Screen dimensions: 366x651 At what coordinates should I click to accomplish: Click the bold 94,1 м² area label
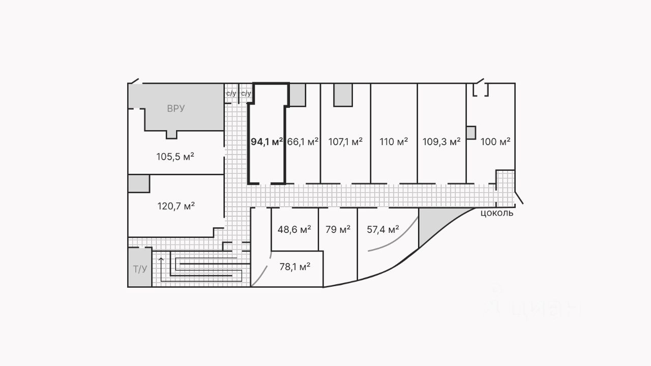pyautogui.click(x=267, y=142)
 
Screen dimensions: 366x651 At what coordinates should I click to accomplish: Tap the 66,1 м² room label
pyautogui.click(x=303, y=142)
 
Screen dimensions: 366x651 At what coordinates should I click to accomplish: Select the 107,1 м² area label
pyautogui.click(x=346, y=142)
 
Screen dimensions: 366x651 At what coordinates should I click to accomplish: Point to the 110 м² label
pyautogui.click(x=394, y=142)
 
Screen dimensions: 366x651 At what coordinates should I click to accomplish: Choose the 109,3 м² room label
pyautogui.click(x=441, y=142)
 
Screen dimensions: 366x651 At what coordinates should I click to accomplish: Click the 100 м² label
pyautogui.click(x=495, y=142)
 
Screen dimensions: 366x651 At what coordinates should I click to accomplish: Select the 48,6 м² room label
pyautogui.click(x=294, y=230)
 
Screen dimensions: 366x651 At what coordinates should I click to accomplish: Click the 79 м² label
pyautogui.click(x=338, y=230)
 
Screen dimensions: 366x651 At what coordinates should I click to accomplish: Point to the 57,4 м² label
pyautogui.click(x=383, y=230)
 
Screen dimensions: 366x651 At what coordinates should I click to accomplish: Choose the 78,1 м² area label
pyautogui.click(x=295, y=266)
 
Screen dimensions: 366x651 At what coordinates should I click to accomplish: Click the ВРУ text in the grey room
pyautogui.click(x=176, y=108)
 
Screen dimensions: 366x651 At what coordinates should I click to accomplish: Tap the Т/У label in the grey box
pyautogui.click(x=140, y=269)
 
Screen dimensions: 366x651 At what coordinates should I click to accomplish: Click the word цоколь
pyautogui.click(x=497, y=213)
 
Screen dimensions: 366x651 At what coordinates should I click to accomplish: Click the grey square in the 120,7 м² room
pyautogui.click(x=138, y=184)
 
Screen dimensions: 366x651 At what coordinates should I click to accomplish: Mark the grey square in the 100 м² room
pyautogui.click(x=470, y=133)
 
